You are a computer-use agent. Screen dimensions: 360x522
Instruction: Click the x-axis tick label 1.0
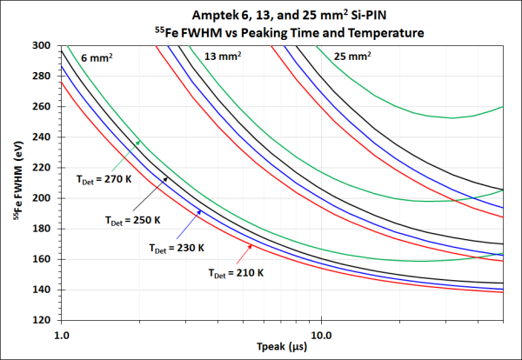point(62,333)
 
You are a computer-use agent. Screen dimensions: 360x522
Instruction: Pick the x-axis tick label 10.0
point(322,333)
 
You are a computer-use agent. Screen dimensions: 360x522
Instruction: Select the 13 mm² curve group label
point(223,57)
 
